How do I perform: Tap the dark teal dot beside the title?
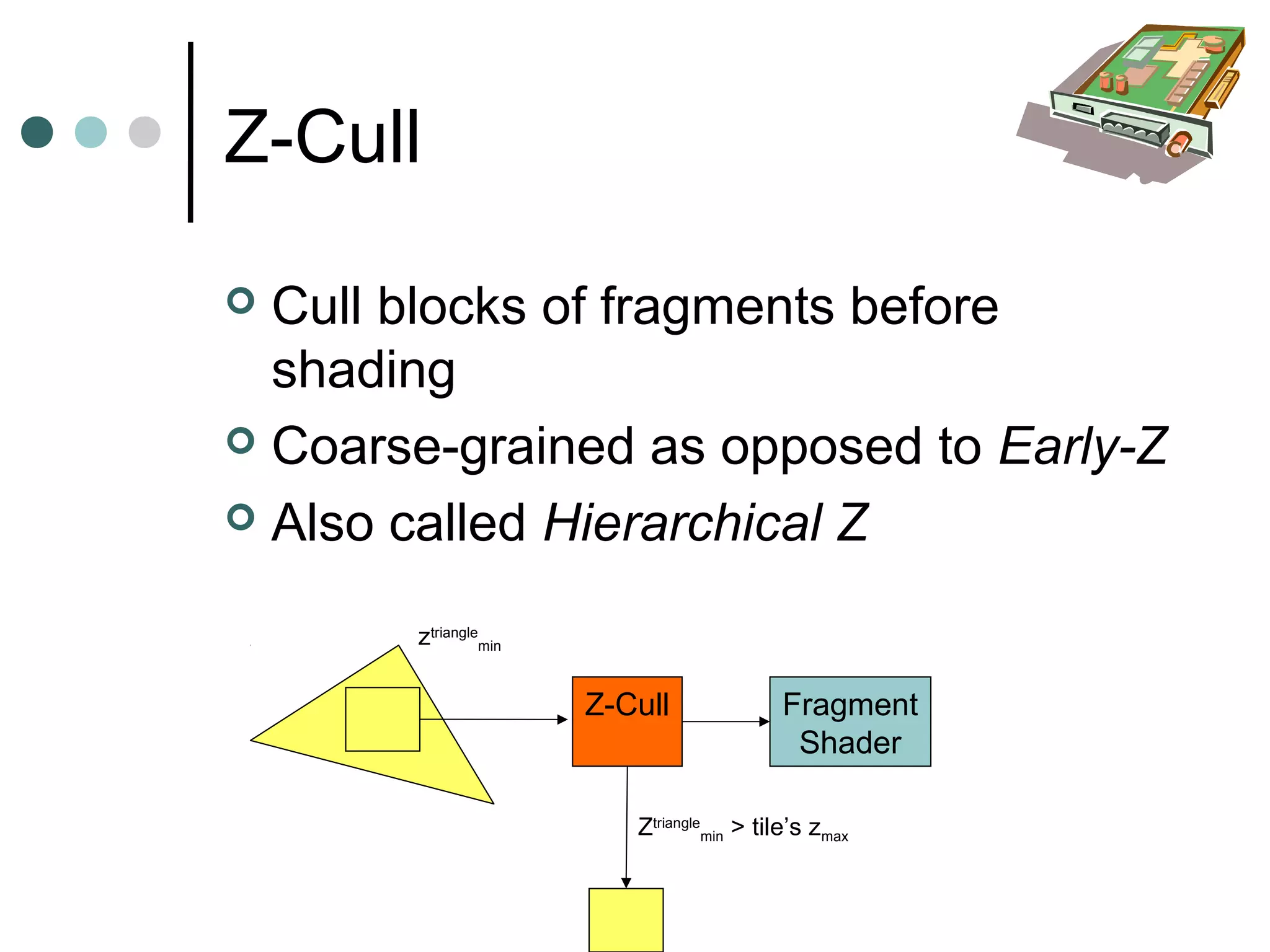click(37, 132)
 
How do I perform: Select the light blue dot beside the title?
click(91, 132)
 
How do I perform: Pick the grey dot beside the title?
click(144, 132)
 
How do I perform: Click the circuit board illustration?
click(1135, 102)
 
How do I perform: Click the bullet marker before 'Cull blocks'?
click(241, 301)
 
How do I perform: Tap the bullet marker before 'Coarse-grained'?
click(241, 441)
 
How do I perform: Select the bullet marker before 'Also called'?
click(241, 518)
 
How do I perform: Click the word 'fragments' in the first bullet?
click(717, 307)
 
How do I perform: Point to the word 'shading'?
click(363, 370)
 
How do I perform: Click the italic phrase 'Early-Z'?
click(1083, 446)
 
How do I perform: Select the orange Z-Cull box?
click(627, 721)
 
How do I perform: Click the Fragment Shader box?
click(850, 722)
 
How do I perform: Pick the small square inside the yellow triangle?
click(382, 719)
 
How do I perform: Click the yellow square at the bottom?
click(626, 920)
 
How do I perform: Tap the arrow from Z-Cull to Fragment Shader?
click(726, 721)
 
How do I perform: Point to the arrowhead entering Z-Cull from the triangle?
click(562, 720)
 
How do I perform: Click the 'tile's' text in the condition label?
click(776, 827)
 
